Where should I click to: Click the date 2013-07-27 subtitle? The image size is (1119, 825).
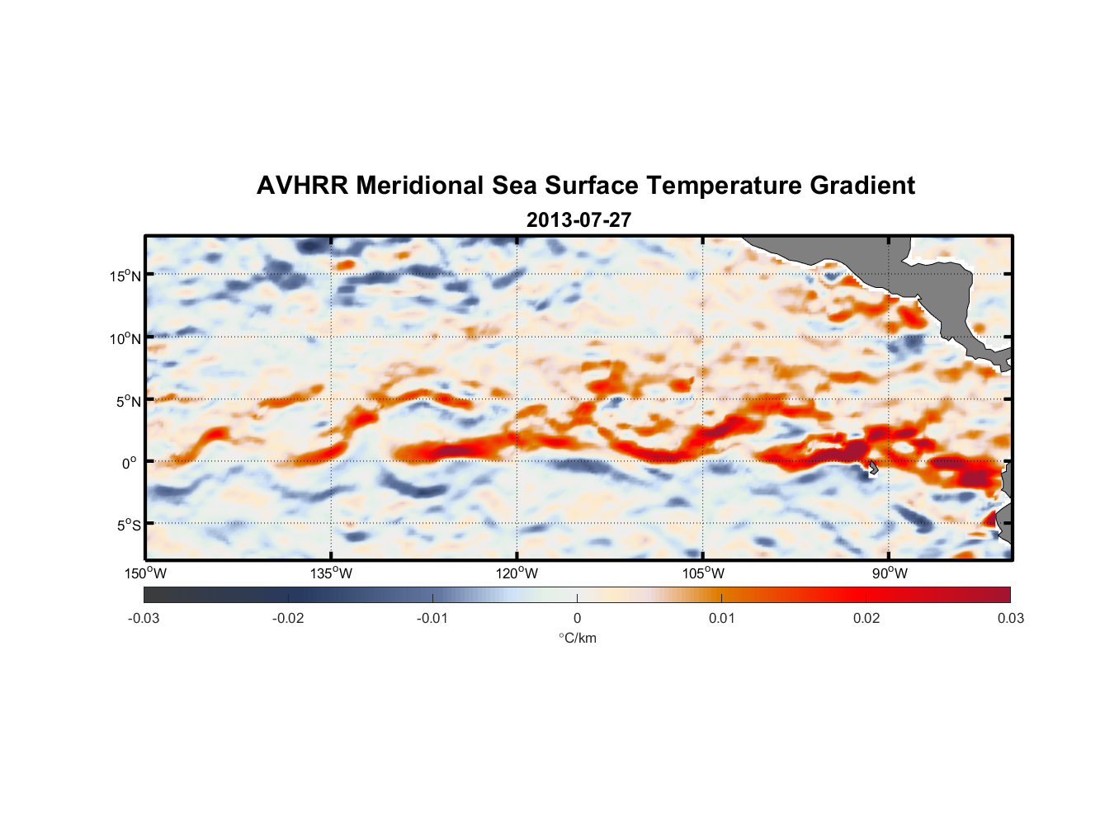point(578,220)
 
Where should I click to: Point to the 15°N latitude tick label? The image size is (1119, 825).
point(125,276)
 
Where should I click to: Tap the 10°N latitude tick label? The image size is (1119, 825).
point(125,338)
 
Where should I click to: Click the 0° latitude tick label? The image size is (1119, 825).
point(129,464)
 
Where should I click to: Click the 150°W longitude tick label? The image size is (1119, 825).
point(145,573)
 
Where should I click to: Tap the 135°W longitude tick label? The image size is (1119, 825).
point(331,573)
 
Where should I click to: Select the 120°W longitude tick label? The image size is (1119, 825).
point(517,573)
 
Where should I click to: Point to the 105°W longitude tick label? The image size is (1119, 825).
point(703,573)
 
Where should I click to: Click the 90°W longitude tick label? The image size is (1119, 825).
point(890,573)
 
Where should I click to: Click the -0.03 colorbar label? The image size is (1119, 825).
point(144,618)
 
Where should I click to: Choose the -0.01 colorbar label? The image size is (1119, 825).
point(432,618)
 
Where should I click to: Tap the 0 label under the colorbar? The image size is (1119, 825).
point(577,618)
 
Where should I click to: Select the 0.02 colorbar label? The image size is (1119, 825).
point(866,618)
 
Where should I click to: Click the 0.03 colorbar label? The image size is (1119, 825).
point(1010,618)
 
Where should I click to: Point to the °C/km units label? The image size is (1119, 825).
point(578,638)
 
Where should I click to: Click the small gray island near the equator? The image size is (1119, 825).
point(873,468)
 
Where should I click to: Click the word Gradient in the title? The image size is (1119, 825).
point(862,186)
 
